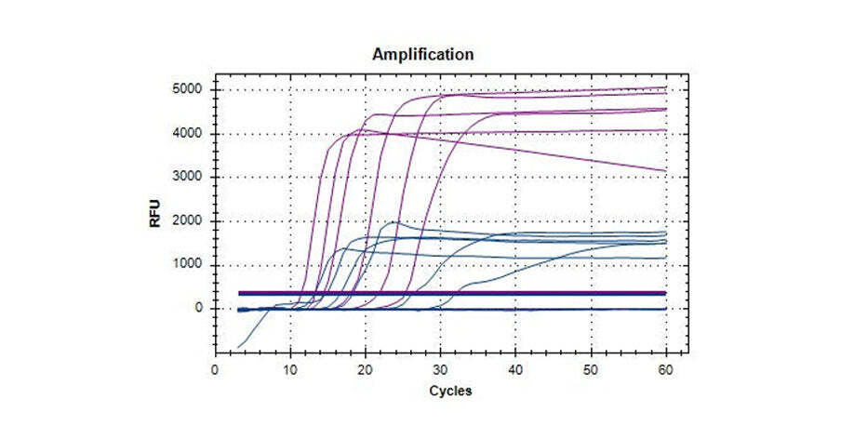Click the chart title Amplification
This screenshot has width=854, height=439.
422,54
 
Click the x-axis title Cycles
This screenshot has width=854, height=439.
450,391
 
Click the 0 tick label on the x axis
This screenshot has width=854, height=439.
216,368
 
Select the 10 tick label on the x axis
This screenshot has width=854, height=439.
291,368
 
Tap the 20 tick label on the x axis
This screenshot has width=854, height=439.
367,368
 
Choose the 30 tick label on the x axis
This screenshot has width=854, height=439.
442,368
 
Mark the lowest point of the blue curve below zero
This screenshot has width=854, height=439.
238,347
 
